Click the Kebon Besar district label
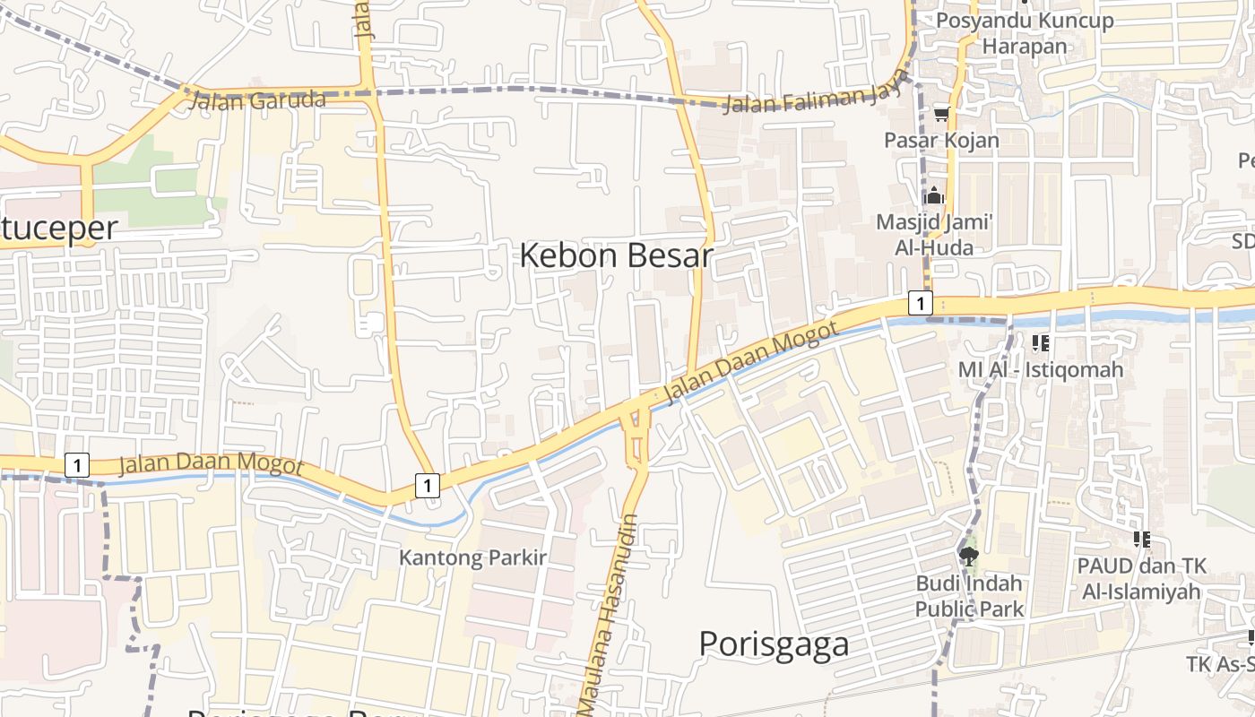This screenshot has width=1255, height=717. [x=616, y=256]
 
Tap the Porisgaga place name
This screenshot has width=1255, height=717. [x=773, y=644]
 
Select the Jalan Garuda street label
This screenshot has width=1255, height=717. [x=257, y=99]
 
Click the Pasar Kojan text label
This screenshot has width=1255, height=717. [x=941, y=140]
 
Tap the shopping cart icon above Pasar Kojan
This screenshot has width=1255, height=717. [x=941, y=114]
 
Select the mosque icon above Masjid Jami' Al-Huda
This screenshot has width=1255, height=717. [x=934, y=195]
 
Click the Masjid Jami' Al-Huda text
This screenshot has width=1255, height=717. [x=934, y=234]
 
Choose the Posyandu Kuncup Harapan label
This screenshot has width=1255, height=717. [x=1025, y=33]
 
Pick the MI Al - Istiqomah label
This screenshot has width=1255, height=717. [x=1040, y=369]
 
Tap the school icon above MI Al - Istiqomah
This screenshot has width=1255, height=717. [x=1040, y=343]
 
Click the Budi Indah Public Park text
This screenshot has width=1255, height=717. [x=969, y=596]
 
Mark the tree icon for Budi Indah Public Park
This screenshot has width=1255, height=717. [x=968, y=557]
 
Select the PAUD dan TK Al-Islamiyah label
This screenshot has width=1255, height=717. [x=1141, y=578]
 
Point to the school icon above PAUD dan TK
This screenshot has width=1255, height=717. [x=1141, y=540]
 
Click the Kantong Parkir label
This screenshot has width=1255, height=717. [x=472, y=557]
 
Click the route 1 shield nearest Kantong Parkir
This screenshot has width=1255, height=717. [x=428, y=486]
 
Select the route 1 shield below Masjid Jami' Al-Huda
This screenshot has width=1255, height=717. [x=920, y=303]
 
